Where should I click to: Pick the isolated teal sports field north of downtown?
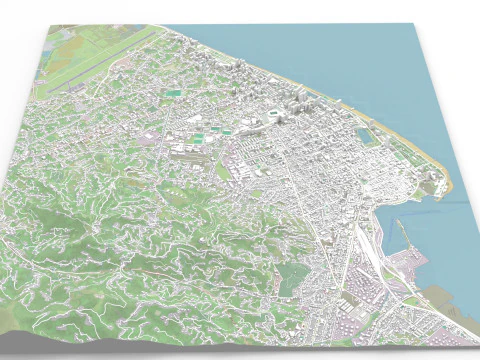pos(175,94)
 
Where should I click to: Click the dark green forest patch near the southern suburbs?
pos(289,280)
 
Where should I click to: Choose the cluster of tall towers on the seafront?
pos(300,100)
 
